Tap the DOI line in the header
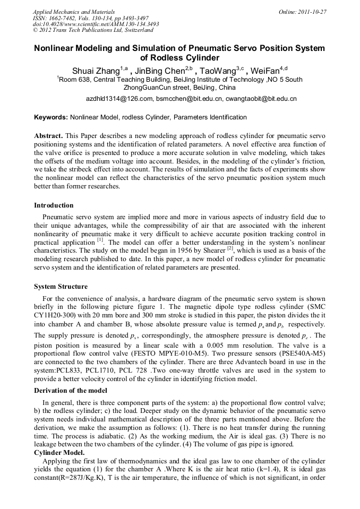point(96,24)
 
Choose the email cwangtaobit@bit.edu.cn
point(260,99)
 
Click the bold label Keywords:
point(51,117)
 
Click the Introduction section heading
point(54,205)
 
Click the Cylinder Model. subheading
point(59,453)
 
